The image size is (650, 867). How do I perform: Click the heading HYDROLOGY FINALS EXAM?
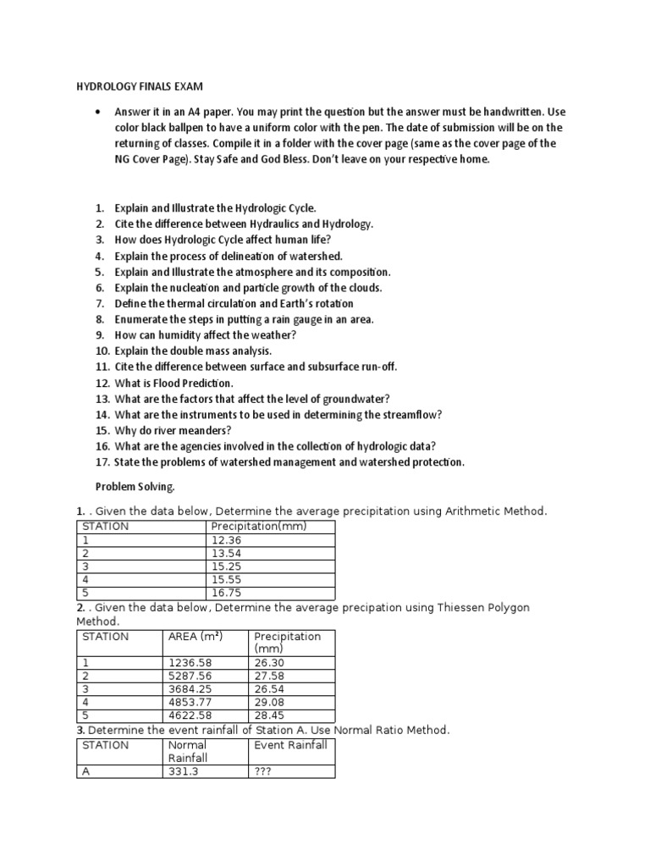[x=140, y=87]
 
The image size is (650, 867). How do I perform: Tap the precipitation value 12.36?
[x=227, y=539]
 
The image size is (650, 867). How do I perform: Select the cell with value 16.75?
[x=227, y=593]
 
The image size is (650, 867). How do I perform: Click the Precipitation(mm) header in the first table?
[x=258, y=526]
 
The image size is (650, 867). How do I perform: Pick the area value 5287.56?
[x=190, y=676]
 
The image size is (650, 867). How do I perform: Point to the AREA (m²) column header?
[x=195, y=637]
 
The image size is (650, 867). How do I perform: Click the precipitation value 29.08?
[x=270, y=703]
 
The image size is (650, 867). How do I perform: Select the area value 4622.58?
[x=190, y=716]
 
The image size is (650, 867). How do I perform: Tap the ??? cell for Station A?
[x=264, y=771]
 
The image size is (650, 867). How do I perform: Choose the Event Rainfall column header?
[x=290, y=745]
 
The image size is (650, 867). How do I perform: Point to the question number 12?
[x=102, y=383]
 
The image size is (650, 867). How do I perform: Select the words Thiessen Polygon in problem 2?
[x=476, y=608]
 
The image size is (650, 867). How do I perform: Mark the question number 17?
[x=102, y=461]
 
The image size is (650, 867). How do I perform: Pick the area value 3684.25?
[x=190, y=689]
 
